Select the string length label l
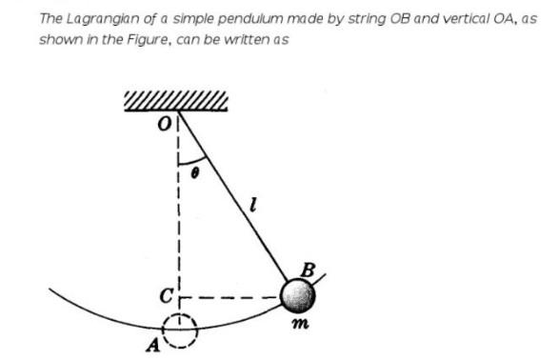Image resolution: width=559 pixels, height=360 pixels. tap(250, 200)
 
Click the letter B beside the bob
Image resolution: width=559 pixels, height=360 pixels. tap(307, 270)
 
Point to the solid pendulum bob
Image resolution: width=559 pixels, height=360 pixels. tap(298, 296)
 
